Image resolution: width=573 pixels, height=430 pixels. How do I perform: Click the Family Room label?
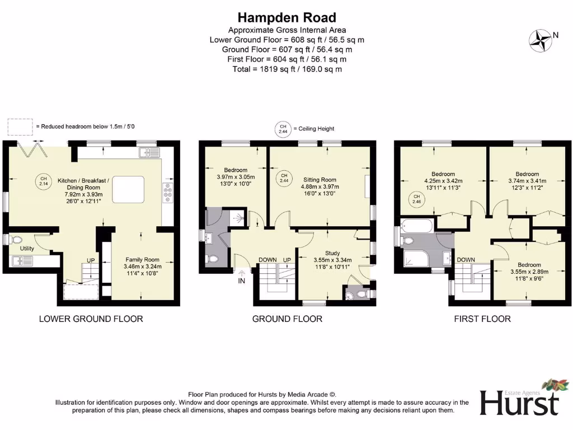[x=142, y=260]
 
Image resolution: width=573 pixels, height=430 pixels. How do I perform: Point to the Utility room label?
[x=27, y=247]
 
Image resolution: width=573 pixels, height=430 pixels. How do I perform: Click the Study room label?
[x=332, y=253]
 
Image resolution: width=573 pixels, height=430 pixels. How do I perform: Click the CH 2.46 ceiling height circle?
[x=416, y=199]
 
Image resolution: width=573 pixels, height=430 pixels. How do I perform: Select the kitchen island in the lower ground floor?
[x=128, y=189]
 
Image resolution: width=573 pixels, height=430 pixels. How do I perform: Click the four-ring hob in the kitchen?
[x=167, y=193]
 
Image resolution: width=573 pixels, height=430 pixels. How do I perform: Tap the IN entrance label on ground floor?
[x=241, y=281]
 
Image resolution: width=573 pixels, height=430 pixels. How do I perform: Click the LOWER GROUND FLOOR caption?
[x=91, y=319]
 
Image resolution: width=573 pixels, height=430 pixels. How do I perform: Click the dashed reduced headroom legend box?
[x=20, y=127]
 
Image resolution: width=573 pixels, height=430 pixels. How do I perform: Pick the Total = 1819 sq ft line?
[x=287, y=69]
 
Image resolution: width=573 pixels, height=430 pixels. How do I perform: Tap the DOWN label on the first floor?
[x=466, y=260]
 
